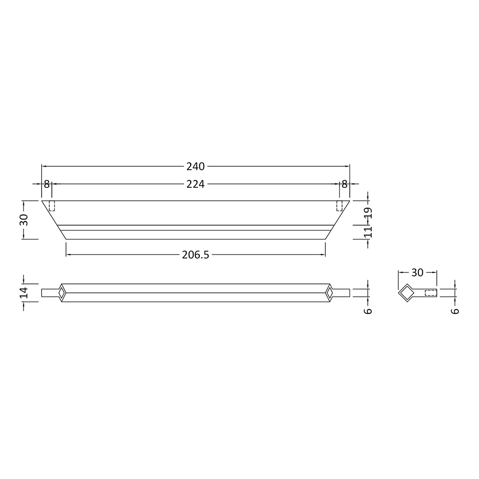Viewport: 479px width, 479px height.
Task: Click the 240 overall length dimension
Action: (x=195, y=167)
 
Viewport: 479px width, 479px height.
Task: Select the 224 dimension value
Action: (x=195, y=184)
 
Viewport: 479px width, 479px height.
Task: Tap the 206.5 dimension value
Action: (x=195, y=255)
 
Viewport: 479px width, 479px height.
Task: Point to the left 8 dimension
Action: (x=46, y=184)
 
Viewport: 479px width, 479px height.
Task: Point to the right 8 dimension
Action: (x=344, y=184)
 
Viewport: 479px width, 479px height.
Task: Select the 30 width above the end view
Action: (x=417, y=273)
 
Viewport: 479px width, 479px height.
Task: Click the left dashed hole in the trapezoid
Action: (x=52, y=206)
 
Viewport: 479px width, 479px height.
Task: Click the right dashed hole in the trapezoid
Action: (x=340, y=206)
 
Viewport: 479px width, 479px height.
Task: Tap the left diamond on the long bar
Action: (x=62, y=293)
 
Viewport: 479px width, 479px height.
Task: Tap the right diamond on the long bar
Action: (x=330, y=293)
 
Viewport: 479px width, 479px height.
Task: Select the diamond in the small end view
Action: (x=407, y=293)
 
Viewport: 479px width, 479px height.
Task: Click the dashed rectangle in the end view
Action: (x=431, y=293)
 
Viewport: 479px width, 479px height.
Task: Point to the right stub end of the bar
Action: (x=342, y=293)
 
